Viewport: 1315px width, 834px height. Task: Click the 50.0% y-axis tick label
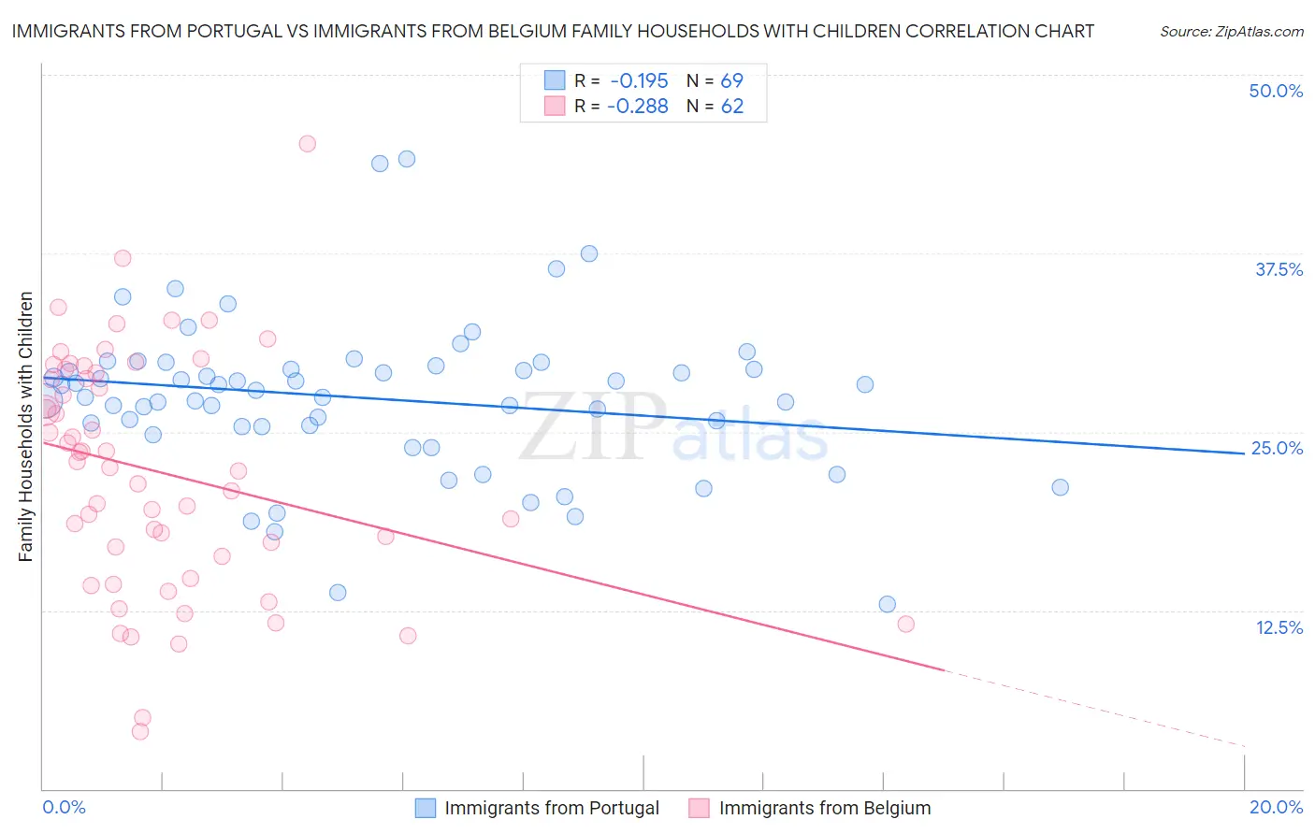coord(1276,91)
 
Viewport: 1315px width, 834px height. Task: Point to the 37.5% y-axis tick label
coord(1279,269)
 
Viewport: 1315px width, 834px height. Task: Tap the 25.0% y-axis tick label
coord(1277,448)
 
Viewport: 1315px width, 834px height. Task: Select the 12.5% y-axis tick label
coord(1279,627)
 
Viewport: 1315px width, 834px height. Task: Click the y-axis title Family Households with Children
coord(26,426)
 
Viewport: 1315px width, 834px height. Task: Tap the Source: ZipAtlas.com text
coord(1232,32)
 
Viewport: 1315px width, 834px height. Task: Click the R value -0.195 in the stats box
coord(638,81)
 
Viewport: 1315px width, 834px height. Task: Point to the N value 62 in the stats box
coord(731,107)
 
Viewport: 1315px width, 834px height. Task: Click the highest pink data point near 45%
coord(307,144)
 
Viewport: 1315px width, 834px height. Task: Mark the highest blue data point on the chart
coord(407,159)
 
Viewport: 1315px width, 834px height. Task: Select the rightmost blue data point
coord(1060,487)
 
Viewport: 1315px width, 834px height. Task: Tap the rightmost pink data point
coord(905,624)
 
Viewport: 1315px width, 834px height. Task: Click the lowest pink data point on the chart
coord(140,731)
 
